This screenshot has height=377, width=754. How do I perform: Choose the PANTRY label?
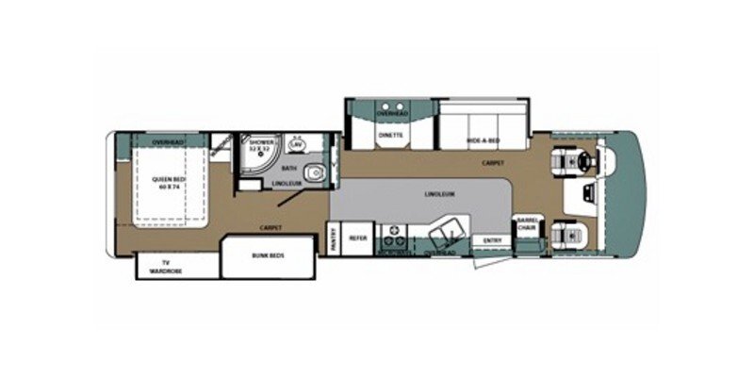(333, 239)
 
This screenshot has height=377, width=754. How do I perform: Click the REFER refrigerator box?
(358, 238)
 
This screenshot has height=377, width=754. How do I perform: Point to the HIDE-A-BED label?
(482, 140)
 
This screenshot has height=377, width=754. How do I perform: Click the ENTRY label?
(492, 240)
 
